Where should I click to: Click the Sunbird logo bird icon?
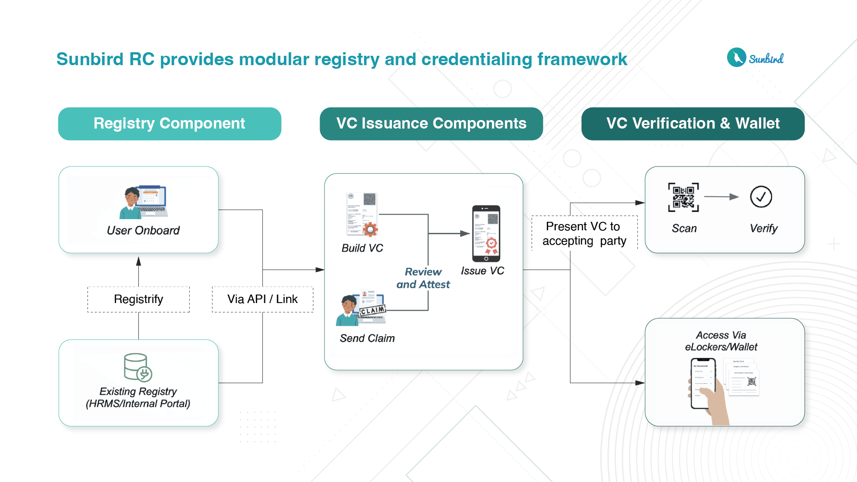coord(736,58)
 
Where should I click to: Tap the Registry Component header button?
coord(170,124)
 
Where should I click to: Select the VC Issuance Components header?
coord(431,124)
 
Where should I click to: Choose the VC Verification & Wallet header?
coord(693,124)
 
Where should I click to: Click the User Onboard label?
coord(143,230)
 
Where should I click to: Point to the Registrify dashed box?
coord(138,299)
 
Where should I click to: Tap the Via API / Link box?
coord(262,299)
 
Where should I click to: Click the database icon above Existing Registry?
coord(137,367)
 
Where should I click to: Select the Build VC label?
coord(362,248)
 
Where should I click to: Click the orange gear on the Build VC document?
coord(370,229)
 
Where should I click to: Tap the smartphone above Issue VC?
coord(486,233)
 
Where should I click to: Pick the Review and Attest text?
coord(423,278)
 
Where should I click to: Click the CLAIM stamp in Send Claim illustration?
coord(373,310)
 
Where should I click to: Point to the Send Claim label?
coord(367,338)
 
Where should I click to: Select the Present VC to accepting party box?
coord(584,233)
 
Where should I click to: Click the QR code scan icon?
coord(683,197)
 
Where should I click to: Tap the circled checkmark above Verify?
coord(761,197)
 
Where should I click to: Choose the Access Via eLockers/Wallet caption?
coord(721,341)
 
